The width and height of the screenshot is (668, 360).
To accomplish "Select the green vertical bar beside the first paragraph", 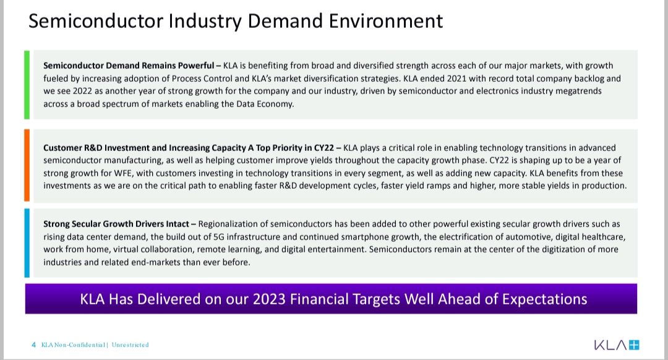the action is coord(27,85).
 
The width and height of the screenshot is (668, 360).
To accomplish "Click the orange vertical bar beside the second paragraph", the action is coord(27,165).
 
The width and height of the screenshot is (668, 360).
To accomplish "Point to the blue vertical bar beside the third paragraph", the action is coord(27,243).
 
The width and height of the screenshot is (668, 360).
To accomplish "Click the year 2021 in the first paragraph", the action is coord(456,79).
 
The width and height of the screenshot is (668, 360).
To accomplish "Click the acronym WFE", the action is coord(124,173).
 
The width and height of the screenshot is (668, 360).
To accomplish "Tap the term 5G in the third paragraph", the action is coord(219,237).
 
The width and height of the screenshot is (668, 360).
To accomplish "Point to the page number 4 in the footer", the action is coord(33,345).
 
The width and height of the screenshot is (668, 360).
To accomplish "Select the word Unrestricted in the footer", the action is coord(131,345).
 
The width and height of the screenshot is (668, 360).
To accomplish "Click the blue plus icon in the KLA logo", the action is coord(634,345).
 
